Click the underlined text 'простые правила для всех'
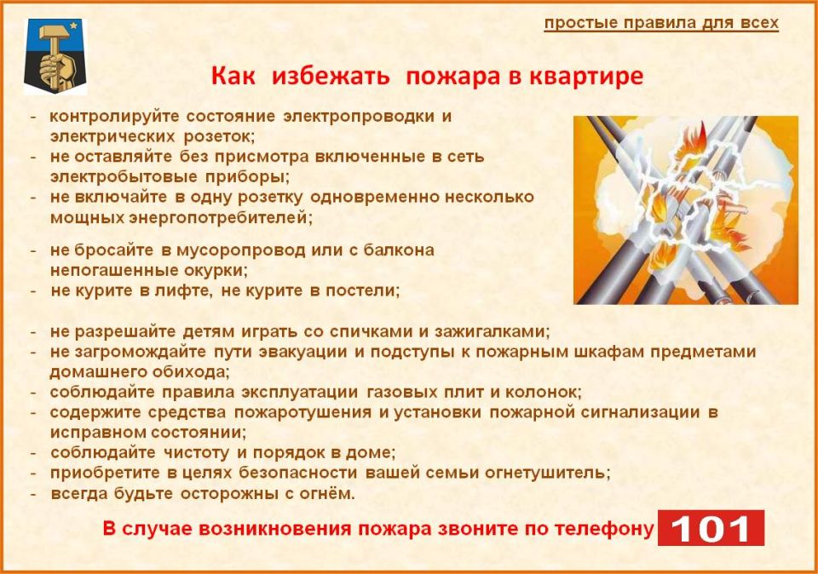click(661, 23)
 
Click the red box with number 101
click(711, 528)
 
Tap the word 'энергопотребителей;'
click(220, 217)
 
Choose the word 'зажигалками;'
click(485, 330)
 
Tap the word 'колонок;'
click(541, 392)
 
